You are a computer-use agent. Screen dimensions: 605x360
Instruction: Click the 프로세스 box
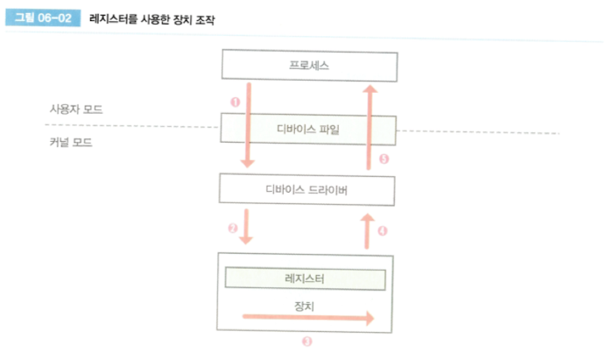(x=308, y=66)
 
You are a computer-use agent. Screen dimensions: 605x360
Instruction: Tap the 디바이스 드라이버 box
(x=308, y=188)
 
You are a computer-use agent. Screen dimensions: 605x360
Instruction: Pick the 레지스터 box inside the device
(x=305, y=279)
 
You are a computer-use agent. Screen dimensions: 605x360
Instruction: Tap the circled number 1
(x=235, y=102)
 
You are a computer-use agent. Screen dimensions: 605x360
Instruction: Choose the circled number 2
(x=233, y=229)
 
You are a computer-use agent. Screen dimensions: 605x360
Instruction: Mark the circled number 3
(x=306, y=342)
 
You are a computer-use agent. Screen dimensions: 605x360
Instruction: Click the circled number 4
(x=383, y=230)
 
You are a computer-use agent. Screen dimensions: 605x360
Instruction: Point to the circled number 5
(x=383, y=159)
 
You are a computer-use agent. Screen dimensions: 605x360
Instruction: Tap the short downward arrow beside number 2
(x=249, y=227)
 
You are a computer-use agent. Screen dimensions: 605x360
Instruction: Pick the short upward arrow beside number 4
(x=368, y=230)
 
